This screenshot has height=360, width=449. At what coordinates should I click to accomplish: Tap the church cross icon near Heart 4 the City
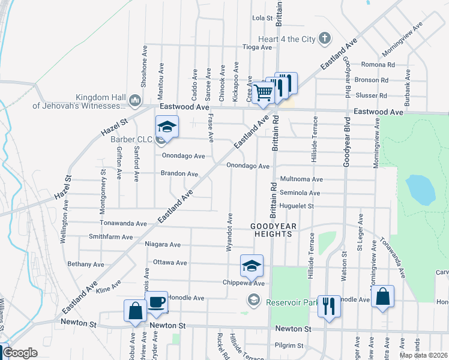[325, 39]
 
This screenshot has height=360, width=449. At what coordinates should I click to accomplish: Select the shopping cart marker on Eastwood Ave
[263, 92]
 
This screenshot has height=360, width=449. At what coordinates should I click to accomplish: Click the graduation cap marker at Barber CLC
[167, 127]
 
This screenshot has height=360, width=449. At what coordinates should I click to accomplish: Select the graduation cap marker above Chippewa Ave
[252, 265]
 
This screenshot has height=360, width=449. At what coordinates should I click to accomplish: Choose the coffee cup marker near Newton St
[156, 302]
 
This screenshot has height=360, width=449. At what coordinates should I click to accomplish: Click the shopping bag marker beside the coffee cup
[135, 311]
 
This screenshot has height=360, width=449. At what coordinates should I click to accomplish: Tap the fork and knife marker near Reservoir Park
[328, 305]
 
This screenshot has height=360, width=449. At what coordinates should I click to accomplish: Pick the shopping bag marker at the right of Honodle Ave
[382, 296]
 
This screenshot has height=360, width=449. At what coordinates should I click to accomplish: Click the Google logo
[20, 353]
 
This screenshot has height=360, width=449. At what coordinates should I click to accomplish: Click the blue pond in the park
[420, 189]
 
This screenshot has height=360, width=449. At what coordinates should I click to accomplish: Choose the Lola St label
[262, 18]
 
